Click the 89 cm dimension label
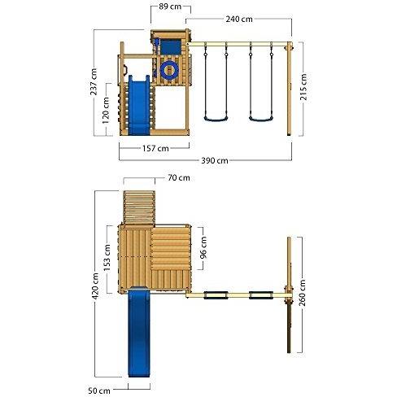170,7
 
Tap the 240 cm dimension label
239,20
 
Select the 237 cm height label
94,81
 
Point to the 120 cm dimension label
106,111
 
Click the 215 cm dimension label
303,87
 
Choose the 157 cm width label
155,148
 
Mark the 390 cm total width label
214,160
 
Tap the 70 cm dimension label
179,178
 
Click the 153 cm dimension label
107,258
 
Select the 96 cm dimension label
204,247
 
